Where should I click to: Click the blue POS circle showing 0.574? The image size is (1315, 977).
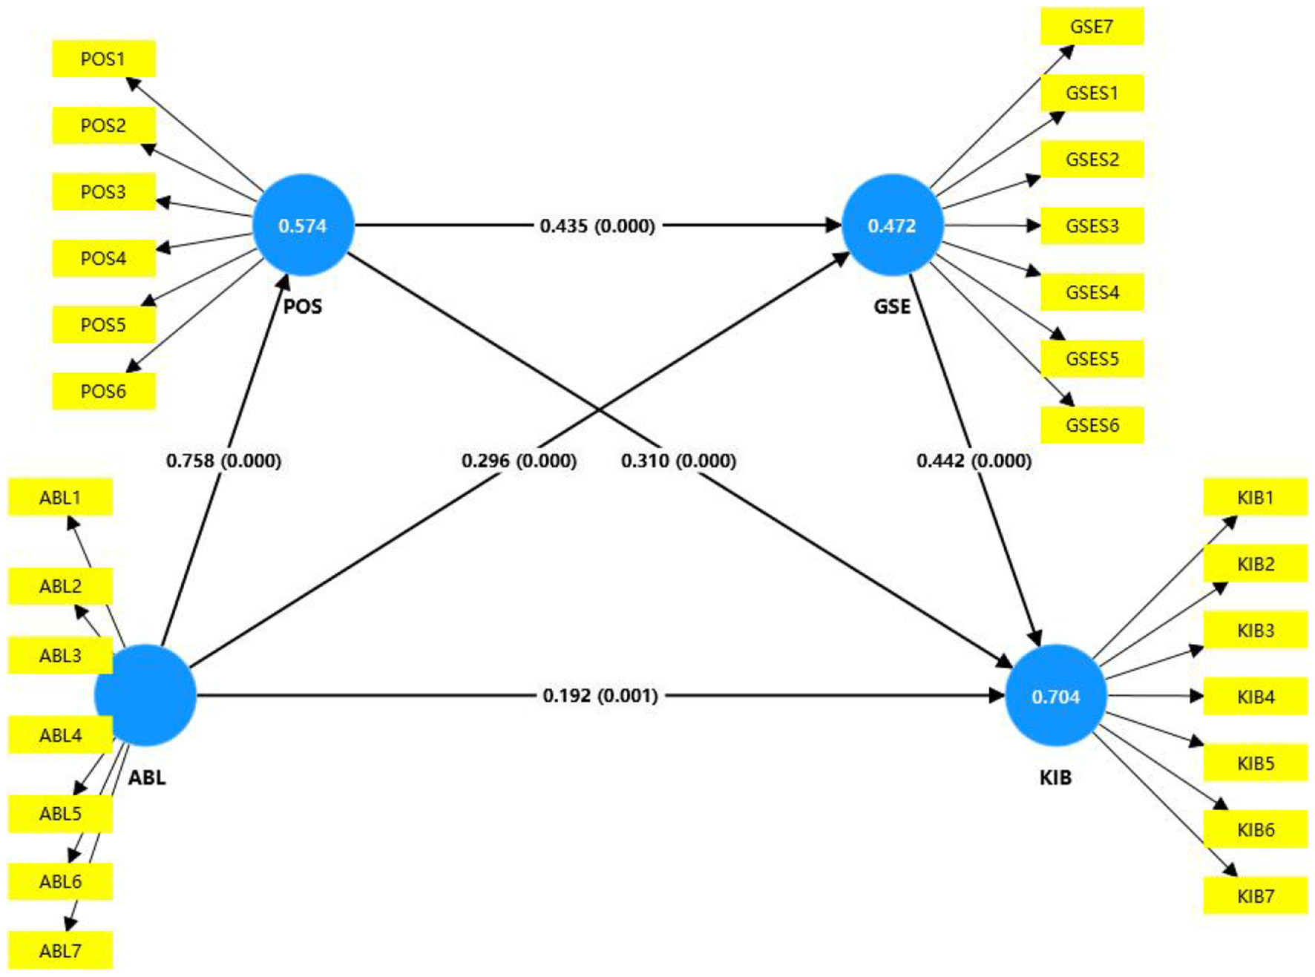pyautogui.click(x=303, y=226)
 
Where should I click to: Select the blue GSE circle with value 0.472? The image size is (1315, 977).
pyautogui.click(x=892, y=226)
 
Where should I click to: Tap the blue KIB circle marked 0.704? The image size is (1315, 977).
pyautogui.click(x=1055, y=696)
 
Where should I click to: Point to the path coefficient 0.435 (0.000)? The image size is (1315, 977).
pyautogui.click(x=597, y=226)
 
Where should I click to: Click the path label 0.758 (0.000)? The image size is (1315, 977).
pyautogui.click(x=223, y=461)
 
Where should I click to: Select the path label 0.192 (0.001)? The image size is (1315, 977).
pyautogui.click(x=600, y=696)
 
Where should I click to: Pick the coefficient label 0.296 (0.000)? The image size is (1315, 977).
pyautogui.click(x=519, y=461)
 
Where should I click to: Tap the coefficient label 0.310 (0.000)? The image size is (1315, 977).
pyautogui.click(x=678, y=461)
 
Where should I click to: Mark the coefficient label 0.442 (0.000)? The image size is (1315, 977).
pyautogui.click(x=974, y=461)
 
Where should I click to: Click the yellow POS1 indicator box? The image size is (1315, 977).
pyautogui.click(x=103, y=59)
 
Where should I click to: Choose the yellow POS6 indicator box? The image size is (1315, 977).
pyautogui.click(x=103, y=391)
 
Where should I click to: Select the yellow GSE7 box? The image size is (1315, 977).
pyautogui.click(x=1091, y=27)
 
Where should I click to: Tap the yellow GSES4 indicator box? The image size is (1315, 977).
pyautogui.click(x=1091, y=292)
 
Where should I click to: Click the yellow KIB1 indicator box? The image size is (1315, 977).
pyautogui.click(x=1254, y=497)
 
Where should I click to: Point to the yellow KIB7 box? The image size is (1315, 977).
pyautogui.click(x=1254, y=896)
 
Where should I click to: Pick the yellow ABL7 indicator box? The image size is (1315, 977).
pyautogui.click(x=60, y=950)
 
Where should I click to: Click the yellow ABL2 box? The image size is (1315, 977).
pyautogui.click(x=60, y=586)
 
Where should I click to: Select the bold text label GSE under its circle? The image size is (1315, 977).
pyautogui.click(x=891, y=306)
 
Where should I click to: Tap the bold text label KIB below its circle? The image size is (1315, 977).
pyautogui.click(x=1055, y=777)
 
